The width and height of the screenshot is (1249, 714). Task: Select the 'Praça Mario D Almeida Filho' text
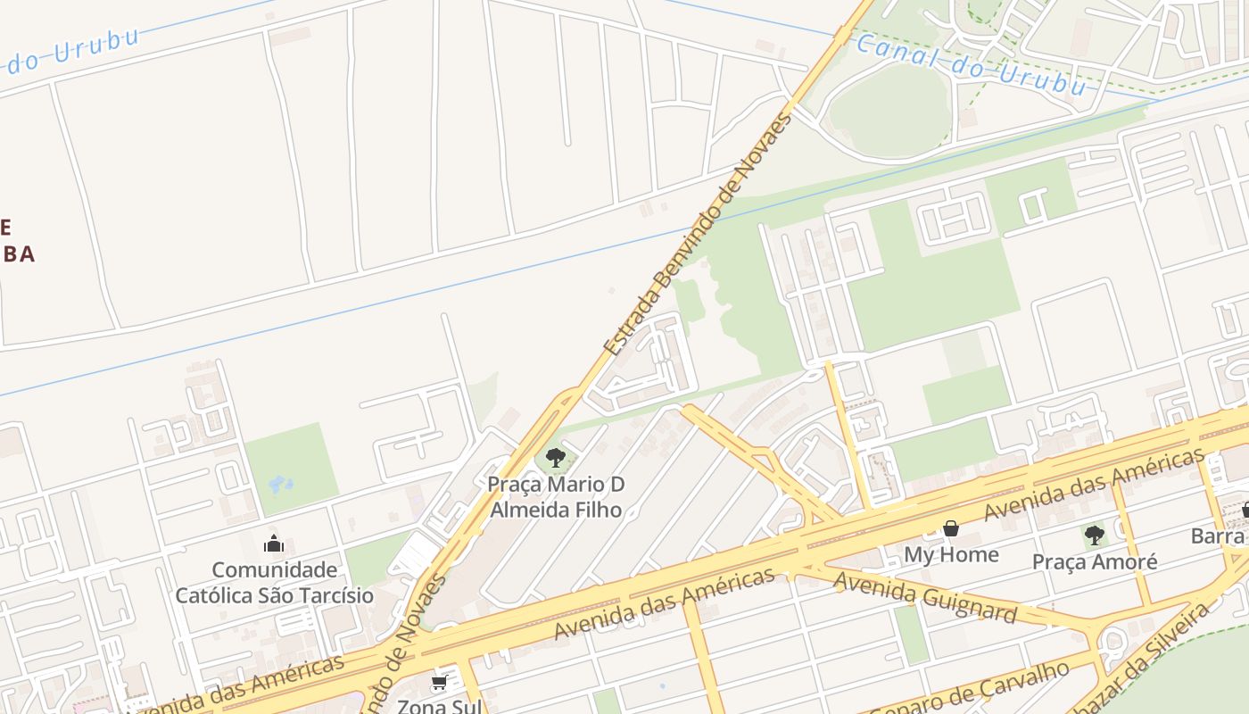tap(555, 497)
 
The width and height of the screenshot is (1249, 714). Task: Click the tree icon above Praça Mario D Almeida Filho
tap(555, 459)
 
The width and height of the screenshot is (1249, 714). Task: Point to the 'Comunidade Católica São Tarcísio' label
tap(274, 583)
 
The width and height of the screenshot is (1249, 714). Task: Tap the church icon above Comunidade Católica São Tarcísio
tap(274, 543)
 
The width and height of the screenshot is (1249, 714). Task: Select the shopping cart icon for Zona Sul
tap(438, 683)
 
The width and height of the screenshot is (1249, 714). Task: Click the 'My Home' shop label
tap(951, 554)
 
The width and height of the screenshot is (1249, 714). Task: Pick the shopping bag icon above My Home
tap(951, 528)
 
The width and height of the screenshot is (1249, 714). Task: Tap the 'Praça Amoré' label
tap(1095, 561)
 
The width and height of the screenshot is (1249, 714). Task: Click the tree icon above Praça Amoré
tap(1095, 535)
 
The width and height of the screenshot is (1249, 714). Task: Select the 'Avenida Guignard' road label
tap(924, 597)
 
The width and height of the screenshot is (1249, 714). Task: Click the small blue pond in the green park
tap(280, 485)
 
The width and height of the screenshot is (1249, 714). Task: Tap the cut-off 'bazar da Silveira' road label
tap(1151, 656)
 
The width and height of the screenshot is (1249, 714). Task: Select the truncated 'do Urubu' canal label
tap(71, 54)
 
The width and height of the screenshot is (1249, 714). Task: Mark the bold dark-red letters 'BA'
tap(18, 254)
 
